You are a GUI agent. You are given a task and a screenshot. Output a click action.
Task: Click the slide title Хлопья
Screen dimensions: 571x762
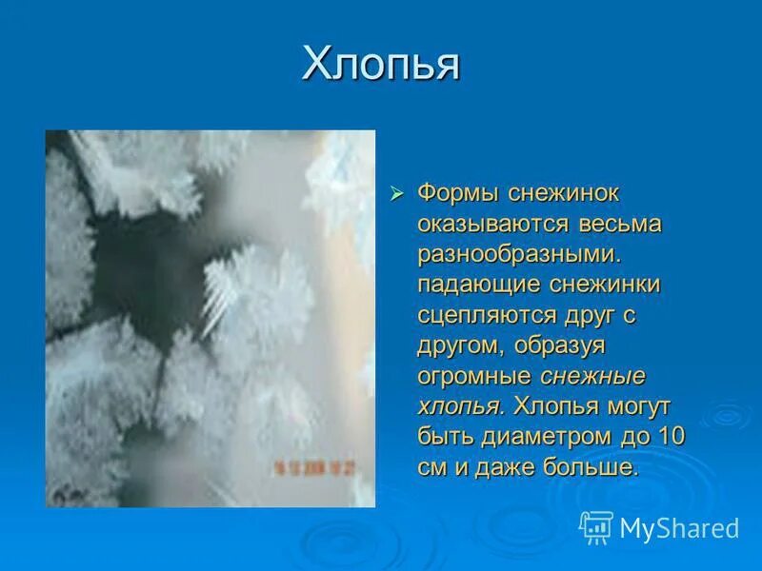point(381,65)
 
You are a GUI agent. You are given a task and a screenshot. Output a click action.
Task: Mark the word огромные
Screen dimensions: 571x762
point(474,375)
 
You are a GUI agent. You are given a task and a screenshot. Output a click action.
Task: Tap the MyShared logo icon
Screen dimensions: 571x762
point(596,526)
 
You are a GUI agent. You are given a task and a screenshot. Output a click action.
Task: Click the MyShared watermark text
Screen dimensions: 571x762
point(679,527)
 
